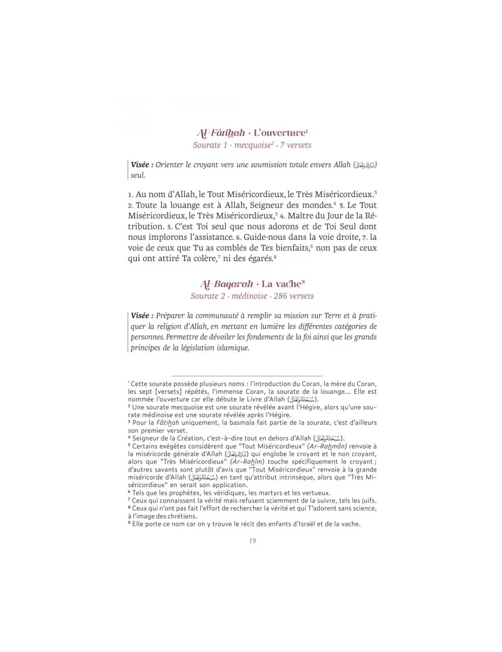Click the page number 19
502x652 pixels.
[x=252, y=540]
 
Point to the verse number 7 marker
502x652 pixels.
[x=365, y=237]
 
